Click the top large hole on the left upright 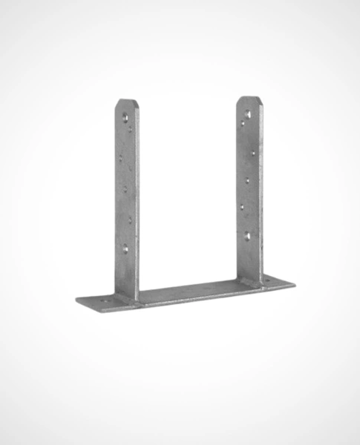125,116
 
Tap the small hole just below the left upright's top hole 131,130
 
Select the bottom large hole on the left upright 125,248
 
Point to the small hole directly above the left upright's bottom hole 131,220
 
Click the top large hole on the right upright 248,113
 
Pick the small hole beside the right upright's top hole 243,123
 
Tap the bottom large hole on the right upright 247,236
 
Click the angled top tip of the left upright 125,101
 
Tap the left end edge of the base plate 77,300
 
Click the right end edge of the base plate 293,282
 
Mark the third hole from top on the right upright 253,154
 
